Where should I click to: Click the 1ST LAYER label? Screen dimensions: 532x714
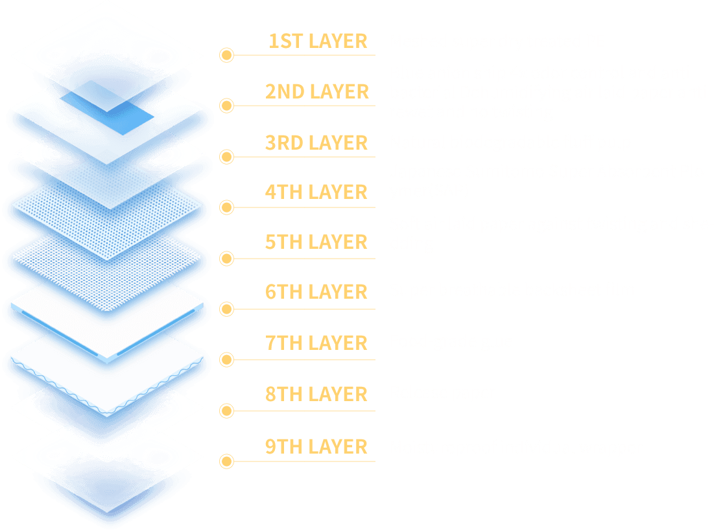click(318, 41)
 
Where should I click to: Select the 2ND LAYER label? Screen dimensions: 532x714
click(316, 92)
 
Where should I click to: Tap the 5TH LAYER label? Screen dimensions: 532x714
click(316, 242)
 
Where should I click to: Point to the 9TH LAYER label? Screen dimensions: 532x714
click(316, 446)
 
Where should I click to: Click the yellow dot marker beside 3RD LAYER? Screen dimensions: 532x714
click(226, 156)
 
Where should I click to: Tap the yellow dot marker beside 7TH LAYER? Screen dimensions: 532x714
click(226, 360)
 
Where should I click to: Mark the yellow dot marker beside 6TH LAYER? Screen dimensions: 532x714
click(226, 309)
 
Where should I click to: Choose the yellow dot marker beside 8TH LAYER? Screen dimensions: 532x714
click(226, 410)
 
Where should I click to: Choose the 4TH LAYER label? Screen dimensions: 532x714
click(316, 192)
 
